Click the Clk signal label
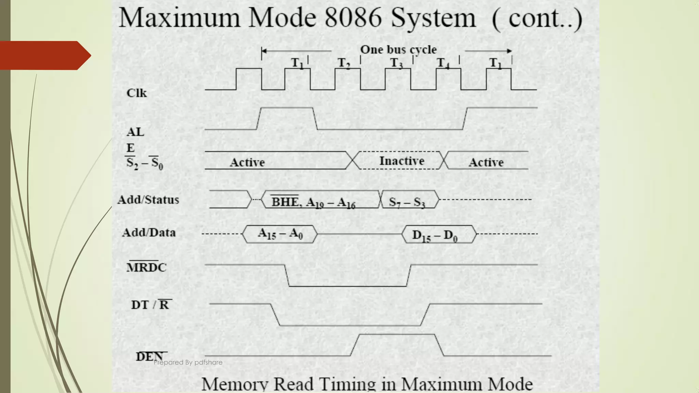click(137, 93)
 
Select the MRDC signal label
click(146, 267)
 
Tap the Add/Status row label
click(148, 200)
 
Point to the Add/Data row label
click(149, 233)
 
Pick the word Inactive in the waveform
click(402, 161)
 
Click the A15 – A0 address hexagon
click(280, 234)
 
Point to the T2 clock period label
click(344, 63)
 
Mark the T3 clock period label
click(396, 63)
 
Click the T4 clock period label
click(443, 63)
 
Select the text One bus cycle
click(398, 50)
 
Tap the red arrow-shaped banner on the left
click(44, 55)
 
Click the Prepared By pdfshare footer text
click(188, 362)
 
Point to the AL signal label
click(135, 132)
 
